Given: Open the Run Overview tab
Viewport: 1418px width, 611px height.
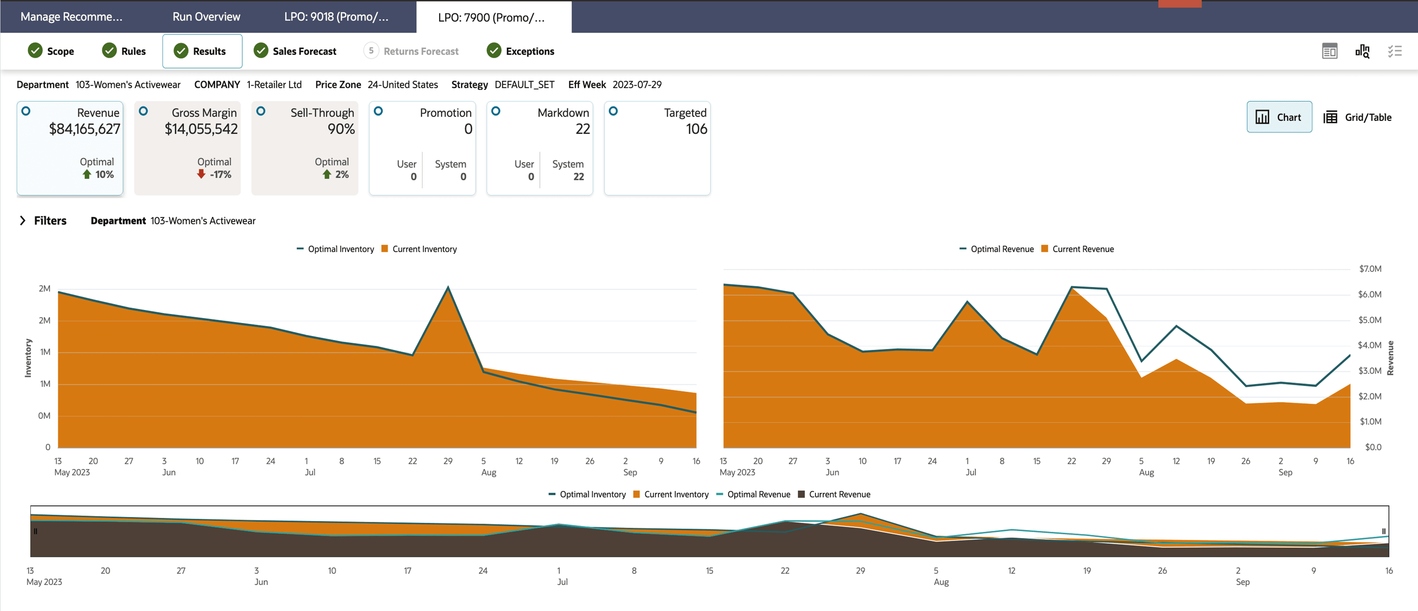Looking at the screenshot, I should click(206, 17).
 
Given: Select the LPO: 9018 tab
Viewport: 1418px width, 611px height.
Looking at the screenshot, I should click(336, 17).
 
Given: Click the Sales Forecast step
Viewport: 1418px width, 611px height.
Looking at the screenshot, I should click(295, 51).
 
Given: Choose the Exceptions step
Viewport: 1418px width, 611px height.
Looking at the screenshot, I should click(520, 51).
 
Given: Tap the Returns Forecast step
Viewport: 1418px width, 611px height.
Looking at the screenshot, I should click(411, 51).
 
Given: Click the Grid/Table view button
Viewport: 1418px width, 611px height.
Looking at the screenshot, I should click(1358, 117).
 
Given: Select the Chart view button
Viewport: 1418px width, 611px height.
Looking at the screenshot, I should click(1279, 117).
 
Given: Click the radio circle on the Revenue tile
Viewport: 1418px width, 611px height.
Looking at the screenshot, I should click(26, 111).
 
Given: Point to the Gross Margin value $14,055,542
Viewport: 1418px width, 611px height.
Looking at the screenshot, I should click(201, 129).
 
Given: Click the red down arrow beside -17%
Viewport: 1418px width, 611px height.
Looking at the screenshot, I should click(201, 174).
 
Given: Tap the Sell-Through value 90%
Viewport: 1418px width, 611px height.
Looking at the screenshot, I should click(341, 129).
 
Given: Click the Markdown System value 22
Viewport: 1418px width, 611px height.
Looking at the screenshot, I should click(578, 176).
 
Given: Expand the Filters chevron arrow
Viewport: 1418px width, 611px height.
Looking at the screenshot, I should click(22, 220).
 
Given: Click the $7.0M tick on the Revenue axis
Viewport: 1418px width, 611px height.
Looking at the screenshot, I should click(1370, 269).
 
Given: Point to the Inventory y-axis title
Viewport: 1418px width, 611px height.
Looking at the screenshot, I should click(28, 357).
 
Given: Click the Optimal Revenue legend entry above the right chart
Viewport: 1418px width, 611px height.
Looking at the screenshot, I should click(996, 249).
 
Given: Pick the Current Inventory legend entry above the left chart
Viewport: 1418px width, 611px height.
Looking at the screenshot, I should click(419, 249).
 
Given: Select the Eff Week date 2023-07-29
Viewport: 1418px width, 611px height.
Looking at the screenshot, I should click(637, 84).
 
